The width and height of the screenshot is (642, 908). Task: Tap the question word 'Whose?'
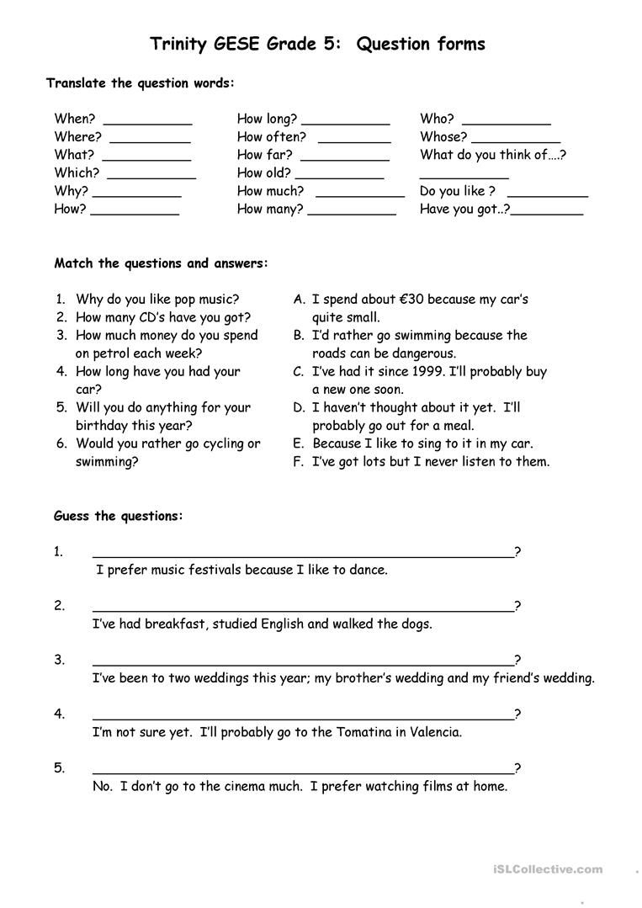pyautogui.click(x=443, y=136)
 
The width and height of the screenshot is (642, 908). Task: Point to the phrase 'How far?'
pyautogui.click(x=264, y=155)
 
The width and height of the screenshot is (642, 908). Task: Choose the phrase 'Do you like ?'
pyautogui.click(x=457, y=191)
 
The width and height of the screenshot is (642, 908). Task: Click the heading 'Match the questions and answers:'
pyautogui.click(x=162, y=263)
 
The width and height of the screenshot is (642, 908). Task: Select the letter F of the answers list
pyautogui.click(x=298, y=461)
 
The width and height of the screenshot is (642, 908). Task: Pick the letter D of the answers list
pyautogui.click(x=298, y=407)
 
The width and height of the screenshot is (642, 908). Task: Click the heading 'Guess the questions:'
pyautogui.click(x=118, y=516)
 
